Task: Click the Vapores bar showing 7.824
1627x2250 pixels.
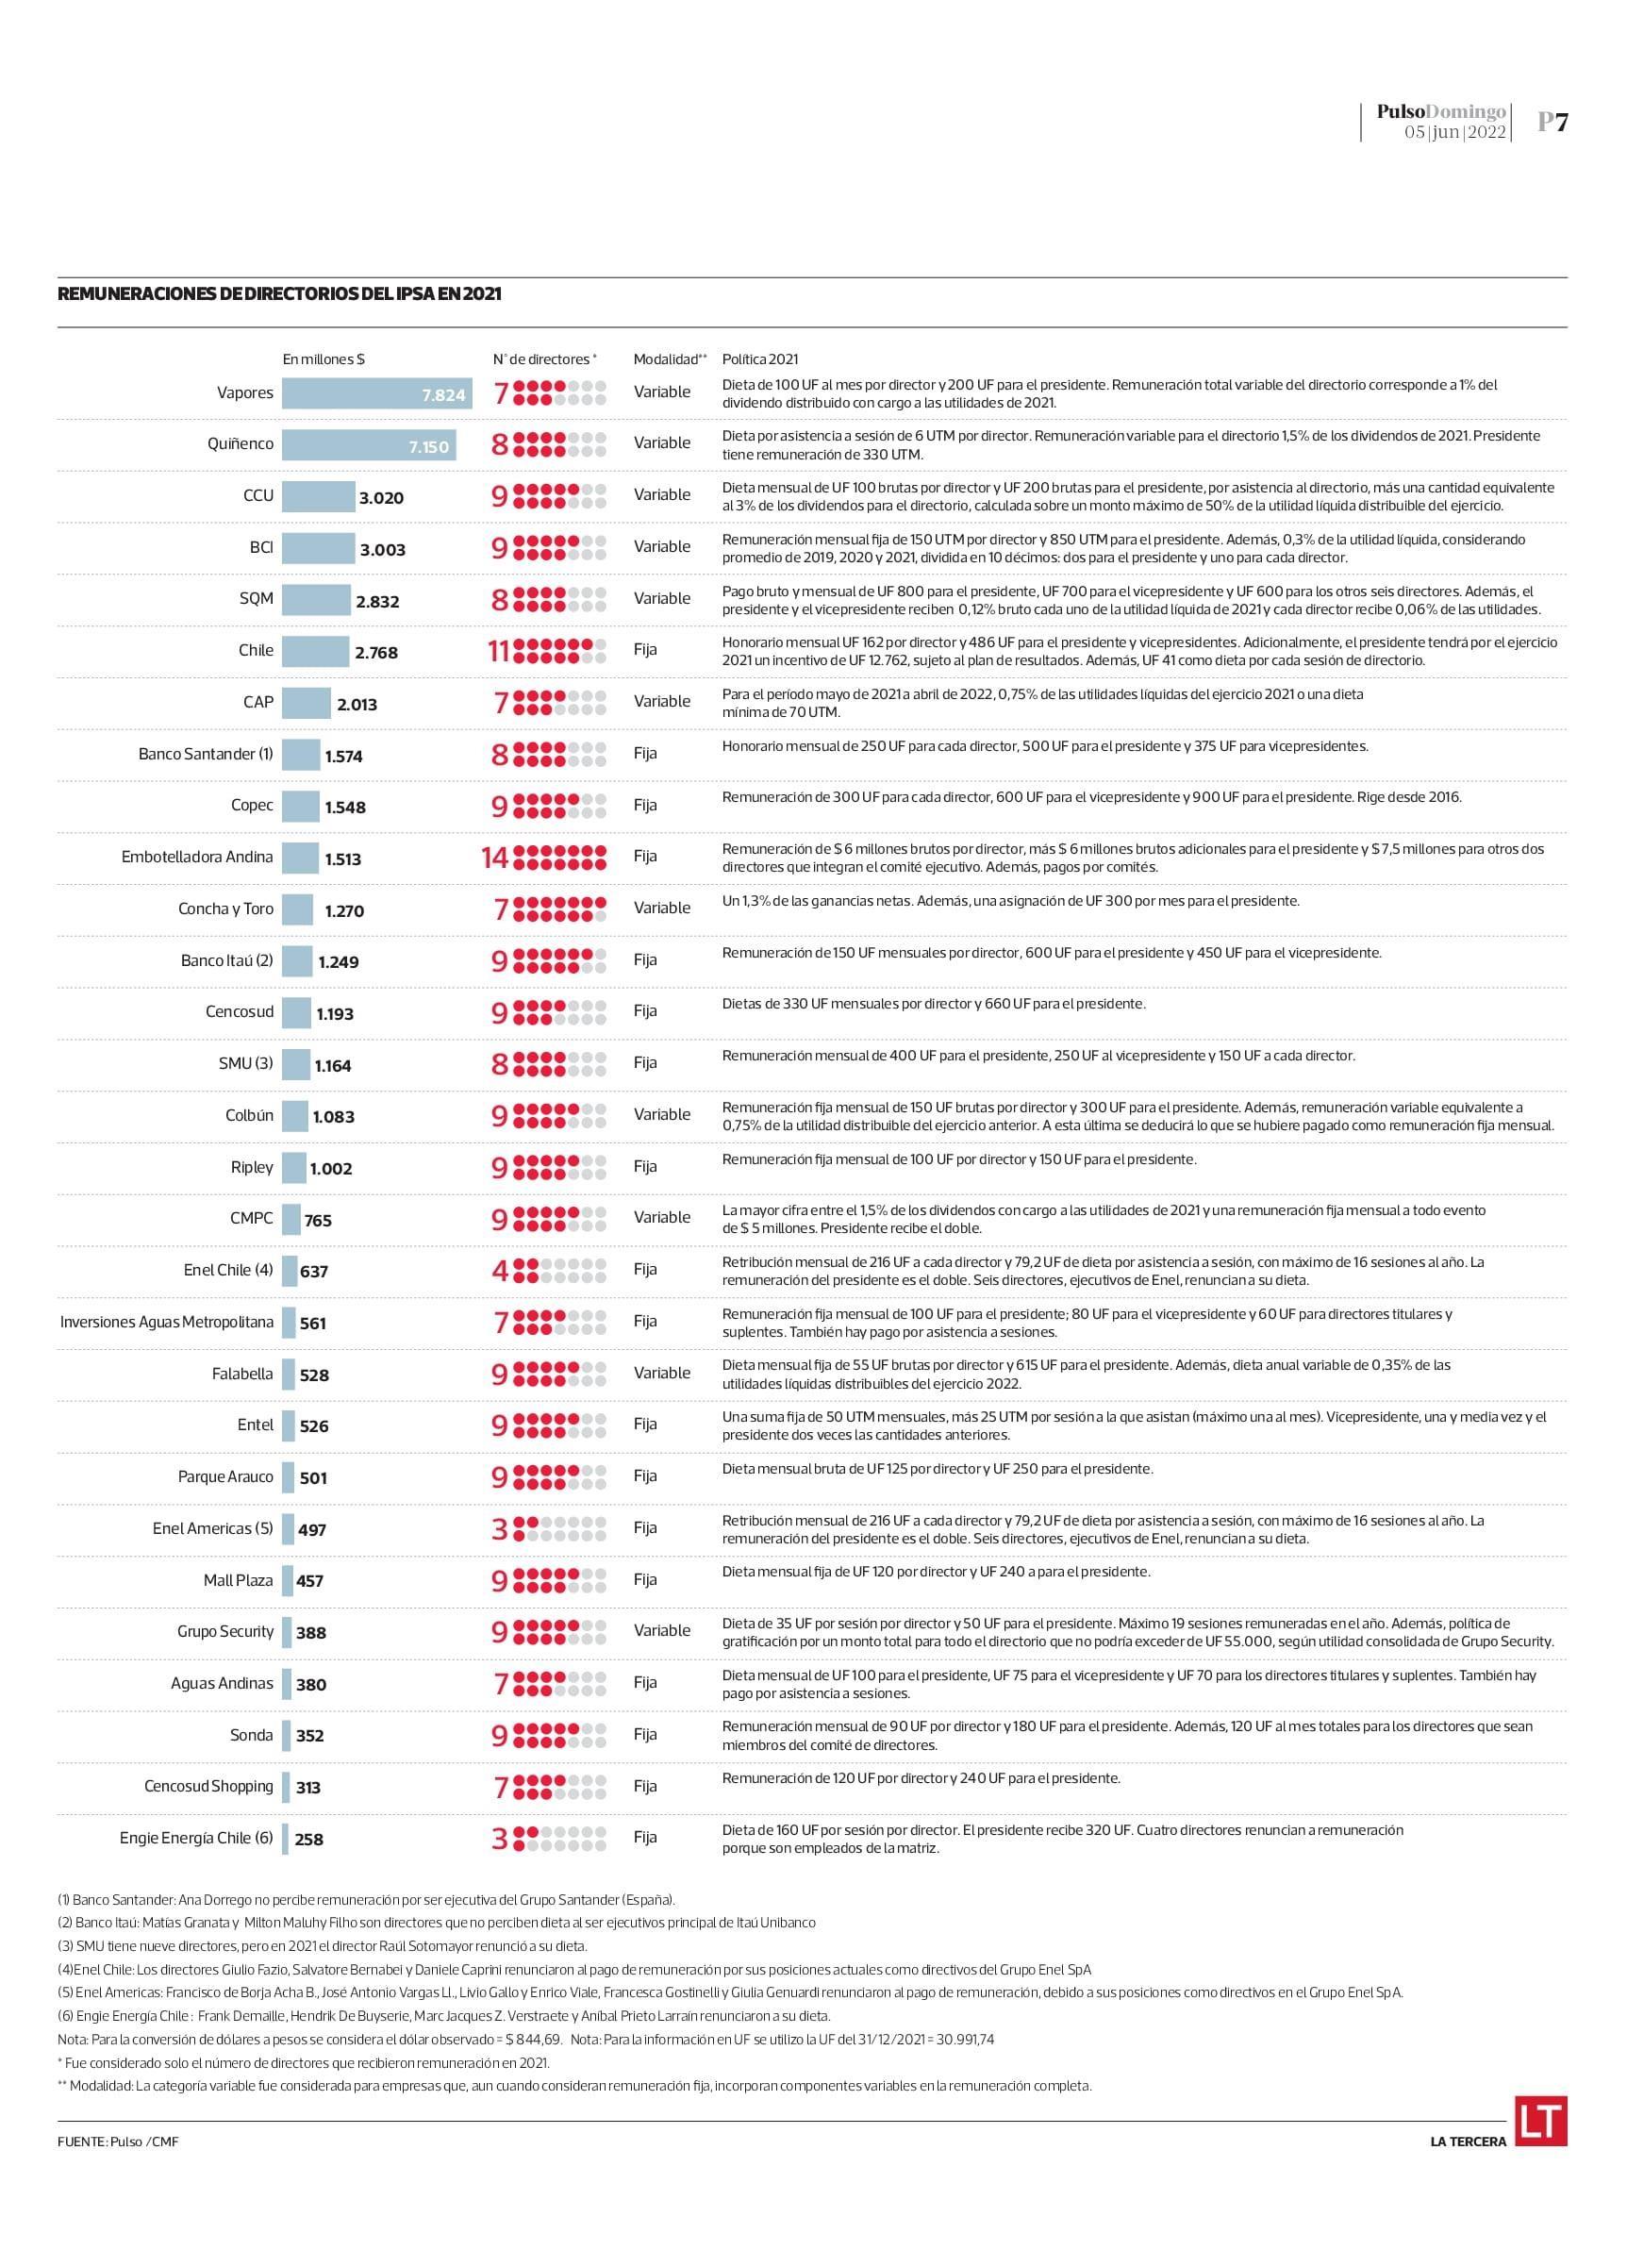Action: point(376,392)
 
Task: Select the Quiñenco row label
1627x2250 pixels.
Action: point(241,443)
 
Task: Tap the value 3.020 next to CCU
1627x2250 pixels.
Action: point(381,498)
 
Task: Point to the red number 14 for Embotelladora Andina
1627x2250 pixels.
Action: point(495,858)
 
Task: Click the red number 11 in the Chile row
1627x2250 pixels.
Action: point(498,651)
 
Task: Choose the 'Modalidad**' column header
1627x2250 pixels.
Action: point(670,359)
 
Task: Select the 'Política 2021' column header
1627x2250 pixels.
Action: point(760,359)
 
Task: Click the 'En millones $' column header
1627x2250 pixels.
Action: point(324,359)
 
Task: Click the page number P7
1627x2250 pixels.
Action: point(1552,122)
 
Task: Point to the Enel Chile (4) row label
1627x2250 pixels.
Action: point(228,1270)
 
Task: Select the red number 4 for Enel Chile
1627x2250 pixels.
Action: point(500,1271)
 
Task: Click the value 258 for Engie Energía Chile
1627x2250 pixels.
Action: point(308,1840)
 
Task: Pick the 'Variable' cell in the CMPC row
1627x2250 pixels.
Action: point(662,1217)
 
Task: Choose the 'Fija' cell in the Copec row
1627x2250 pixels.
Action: point(645,805)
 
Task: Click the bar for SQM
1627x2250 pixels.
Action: point(315,599)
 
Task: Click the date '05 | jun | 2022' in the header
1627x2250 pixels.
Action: point(1454,132)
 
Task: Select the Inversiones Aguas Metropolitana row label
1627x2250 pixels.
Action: point(167,1322)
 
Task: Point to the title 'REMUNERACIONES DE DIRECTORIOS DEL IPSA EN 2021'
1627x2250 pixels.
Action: point(280,293)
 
